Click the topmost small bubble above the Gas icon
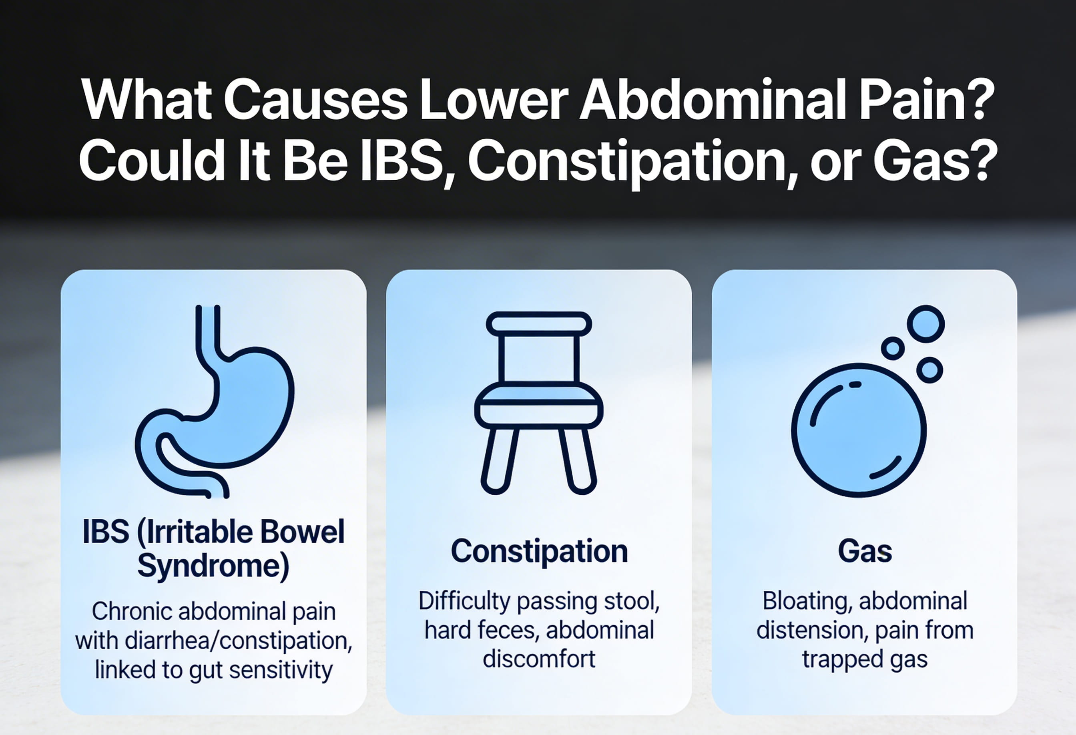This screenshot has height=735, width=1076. tap(925, 324)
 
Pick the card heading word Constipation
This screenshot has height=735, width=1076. tap(539, 551)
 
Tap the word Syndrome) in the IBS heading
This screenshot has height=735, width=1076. tap(213, 566)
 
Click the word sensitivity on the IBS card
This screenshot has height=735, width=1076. tap(281, 670)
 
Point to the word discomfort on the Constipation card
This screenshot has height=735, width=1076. tap(539, 659)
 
